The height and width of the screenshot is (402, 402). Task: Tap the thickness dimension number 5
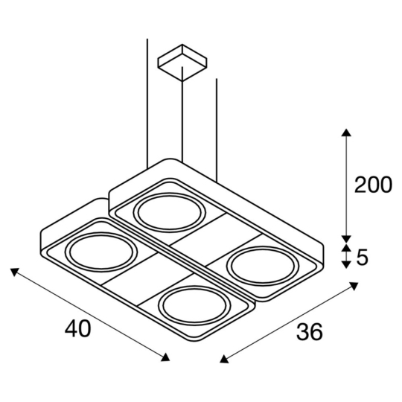point(363,258)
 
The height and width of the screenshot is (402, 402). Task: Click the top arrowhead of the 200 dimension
point(345,133)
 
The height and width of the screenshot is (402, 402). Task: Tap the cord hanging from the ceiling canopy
point(181,119)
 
